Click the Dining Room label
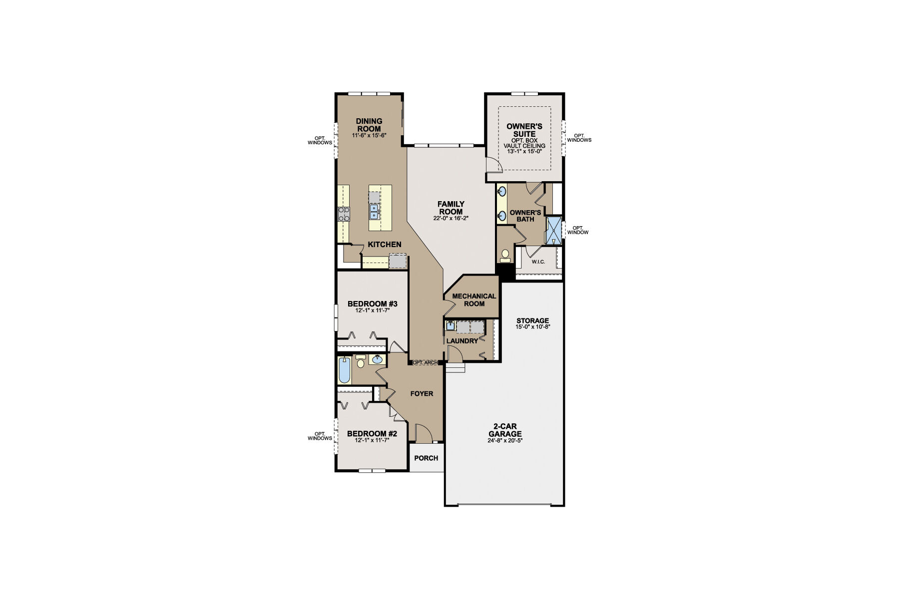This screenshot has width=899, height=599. [369, 125]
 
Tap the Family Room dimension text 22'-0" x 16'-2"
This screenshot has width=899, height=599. [451, 218]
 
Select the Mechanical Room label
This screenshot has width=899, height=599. [474, 299]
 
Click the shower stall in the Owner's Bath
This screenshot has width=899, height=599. [554, 230]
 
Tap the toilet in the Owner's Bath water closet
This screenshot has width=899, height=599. [505, 256]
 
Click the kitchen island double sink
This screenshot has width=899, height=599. [374, 212]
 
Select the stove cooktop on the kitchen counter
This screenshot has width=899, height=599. [344, 214]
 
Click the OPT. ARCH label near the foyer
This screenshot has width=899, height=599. [425, 362]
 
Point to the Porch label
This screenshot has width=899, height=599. [426, 458]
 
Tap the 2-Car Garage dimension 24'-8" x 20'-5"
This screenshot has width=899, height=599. [507, 441]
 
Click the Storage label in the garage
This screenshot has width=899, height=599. [532, 320]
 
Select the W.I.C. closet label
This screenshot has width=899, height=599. [538, 262]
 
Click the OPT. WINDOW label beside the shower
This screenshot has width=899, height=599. [577, 230]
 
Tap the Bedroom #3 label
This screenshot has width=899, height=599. [372, 303]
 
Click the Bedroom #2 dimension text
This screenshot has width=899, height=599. [372, 441]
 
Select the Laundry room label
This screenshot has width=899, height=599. [462, 341]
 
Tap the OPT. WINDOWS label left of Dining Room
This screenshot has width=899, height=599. [320, 140]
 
